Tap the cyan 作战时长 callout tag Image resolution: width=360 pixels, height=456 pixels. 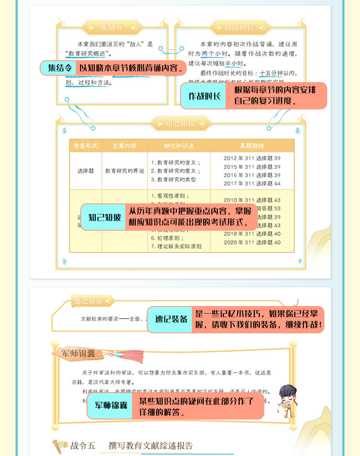pyautogui.click(x=204, y=96)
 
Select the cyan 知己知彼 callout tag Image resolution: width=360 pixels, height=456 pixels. pyautogui.click(x=105, y=217)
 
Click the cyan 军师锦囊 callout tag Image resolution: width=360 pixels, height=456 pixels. pyautogui.click(x=111, y=406)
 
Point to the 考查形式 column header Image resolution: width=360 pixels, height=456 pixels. pyautogui.click(x=85, y=146)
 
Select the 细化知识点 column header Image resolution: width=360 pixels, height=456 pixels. pyautogui.click(x=179, y=146)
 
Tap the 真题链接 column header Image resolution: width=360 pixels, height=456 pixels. pyautogui.click(x=252, y=146)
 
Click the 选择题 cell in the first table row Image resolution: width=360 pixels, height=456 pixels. pyautogui.click(x=85, y=171)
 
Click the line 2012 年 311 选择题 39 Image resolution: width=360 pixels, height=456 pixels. pyautogui.click(x=252, y=158)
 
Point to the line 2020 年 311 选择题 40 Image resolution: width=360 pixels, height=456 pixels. pyautogui.click(x=252, y=242)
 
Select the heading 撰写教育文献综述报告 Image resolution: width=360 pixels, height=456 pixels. pyautogui.click(x=150, y=446)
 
